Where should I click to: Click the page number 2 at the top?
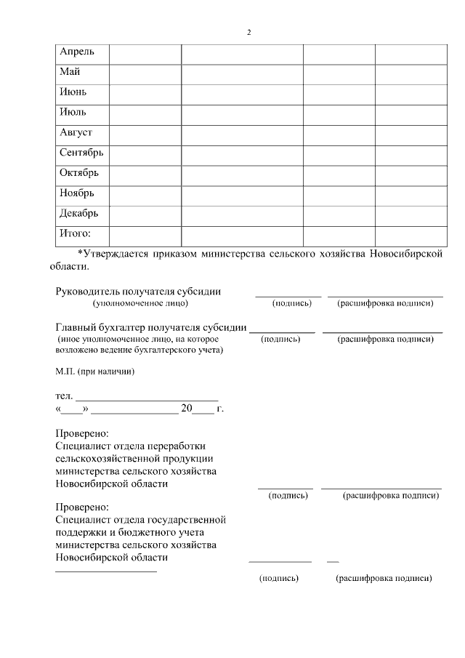tap(249, 33)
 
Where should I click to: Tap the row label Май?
tap(70, 72)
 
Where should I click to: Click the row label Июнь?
tap(73, 92)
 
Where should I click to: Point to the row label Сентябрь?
tap(81, 153)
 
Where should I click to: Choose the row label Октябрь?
tap(78, 173)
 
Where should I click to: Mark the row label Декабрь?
tap(78, 214)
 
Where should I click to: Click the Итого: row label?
tap(76, 234)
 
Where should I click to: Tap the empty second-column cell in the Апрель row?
tap(145, 54)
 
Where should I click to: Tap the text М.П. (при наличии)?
tap(95, 372)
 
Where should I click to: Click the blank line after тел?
tap(147, 396)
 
